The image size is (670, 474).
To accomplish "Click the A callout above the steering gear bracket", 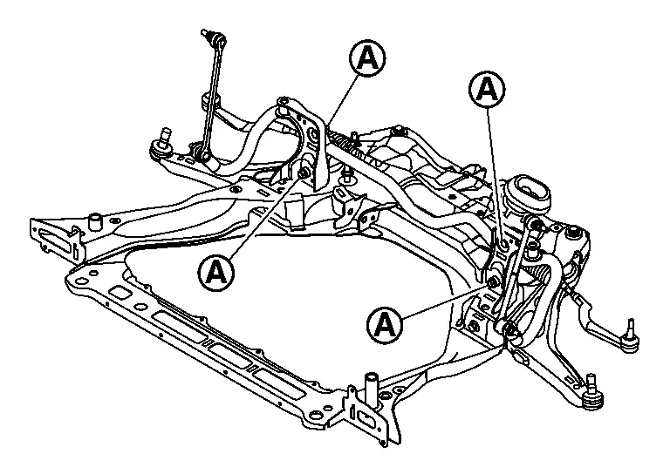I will click(368, 58).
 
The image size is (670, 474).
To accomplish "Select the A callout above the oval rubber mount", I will click(487, 88).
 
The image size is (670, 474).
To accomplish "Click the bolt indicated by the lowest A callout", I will click(492, 281).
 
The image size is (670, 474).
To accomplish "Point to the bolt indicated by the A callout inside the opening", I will click(304, 175).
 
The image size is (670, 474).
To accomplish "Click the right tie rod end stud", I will click(628, 328).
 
